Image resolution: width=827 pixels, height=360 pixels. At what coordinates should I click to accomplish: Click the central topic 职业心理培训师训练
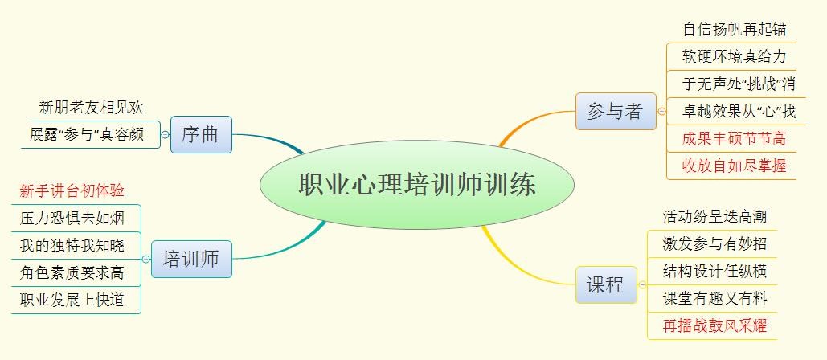point(416,185)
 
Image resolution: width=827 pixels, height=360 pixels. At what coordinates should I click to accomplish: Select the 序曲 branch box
point(201,134)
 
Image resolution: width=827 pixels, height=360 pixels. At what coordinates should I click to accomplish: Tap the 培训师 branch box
point(191,259)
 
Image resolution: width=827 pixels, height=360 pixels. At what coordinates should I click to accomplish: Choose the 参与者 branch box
point(616,111)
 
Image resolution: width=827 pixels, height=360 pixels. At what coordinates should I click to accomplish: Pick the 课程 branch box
point(606,284)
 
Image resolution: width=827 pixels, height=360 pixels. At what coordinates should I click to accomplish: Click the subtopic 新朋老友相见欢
point(92,108)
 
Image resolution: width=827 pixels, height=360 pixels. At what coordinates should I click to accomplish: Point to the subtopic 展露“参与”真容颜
point(87,135)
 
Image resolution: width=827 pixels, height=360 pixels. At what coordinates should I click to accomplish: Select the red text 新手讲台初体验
point(72,190)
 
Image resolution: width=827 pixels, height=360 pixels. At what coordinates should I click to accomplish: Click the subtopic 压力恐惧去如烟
point(72,218)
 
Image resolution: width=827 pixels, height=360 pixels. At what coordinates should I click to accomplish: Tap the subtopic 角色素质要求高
point(72,272)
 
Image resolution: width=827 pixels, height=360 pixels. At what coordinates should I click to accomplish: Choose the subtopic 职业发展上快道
point(72,300)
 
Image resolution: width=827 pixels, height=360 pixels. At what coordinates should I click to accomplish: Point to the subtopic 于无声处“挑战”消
point(739,84)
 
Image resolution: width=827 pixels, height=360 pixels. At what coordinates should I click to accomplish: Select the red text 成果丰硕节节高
point(735,139)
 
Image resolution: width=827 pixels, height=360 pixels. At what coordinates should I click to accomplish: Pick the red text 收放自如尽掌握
point(735,166)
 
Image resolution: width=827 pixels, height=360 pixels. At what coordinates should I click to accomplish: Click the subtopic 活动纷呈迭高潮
point(714,216)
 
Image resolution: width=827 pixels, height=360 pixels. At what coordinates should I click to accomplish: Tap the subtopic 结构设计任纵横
point(714,271)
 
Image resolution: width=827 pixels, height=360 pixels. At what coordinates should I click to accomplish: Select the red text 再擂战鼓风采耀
point(714,325)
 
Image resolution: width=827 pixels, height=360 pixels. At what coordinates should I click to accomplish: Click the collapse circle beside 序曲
point(165,135)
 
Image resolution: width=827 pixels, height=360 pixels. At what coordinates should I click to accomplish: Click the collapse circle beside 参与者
point(661,111)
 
